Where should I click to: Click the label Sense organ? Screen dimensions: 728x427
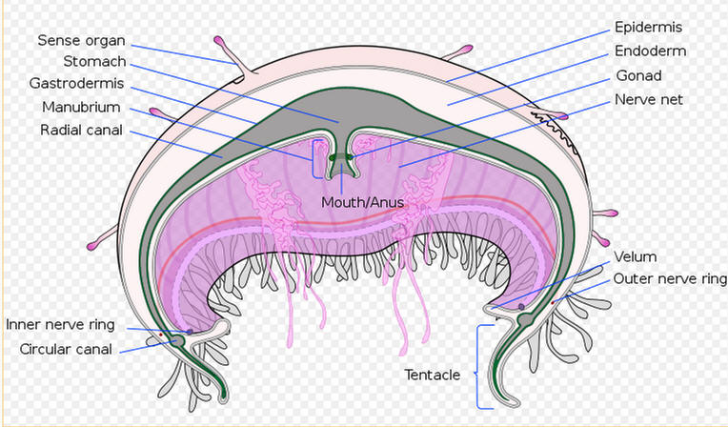click(x=81, y=41)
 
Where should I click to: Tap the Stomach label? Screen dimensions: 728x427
click(x=94, y=61)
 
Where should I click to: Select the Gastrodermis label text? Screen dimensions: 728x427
click(x=76, y=84)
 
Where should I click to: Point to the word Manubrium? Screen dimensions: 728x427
click(x=81, y=108)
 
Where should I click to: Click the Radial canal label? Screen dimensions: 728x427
click(x=81, y=130)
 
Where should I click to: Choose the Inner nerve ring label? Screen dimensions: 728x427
click(x=60, y=325)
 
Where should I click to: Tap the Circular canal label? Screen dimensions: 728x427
click(x=66, y=349)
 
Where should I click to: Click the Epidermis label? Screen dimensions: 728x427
click(x=648, y=28)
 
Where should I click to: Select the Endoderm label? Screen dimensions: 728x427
click(x=650, y=51)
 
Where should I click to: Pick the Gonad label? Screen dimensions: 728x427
click(x=638, y=75)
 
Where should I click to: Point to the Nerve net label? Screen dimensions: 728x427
click(x=649, y=99)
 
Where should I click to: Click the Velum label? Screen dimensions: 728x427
click(x=636, y=256)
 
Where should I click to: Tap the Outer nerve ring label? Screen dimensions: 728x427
click(x=670, y=278)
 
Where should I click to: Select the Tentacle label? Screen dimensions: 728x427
click(x=433, y=375)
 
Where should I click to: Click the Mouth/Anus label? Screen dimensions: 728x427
click(x=362, y=203)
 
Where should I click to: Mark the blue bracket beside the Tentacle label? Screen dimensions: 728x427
click(x=484, y=367)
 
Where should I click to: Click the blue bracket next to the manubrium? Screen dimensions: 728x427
click(x=316, y=159)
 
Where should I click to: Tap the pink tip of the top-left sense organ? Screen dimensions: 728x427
click(x=219, y=41)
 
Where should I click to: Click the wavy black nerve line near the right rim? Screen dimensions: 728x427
click(x=555, y=132)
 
